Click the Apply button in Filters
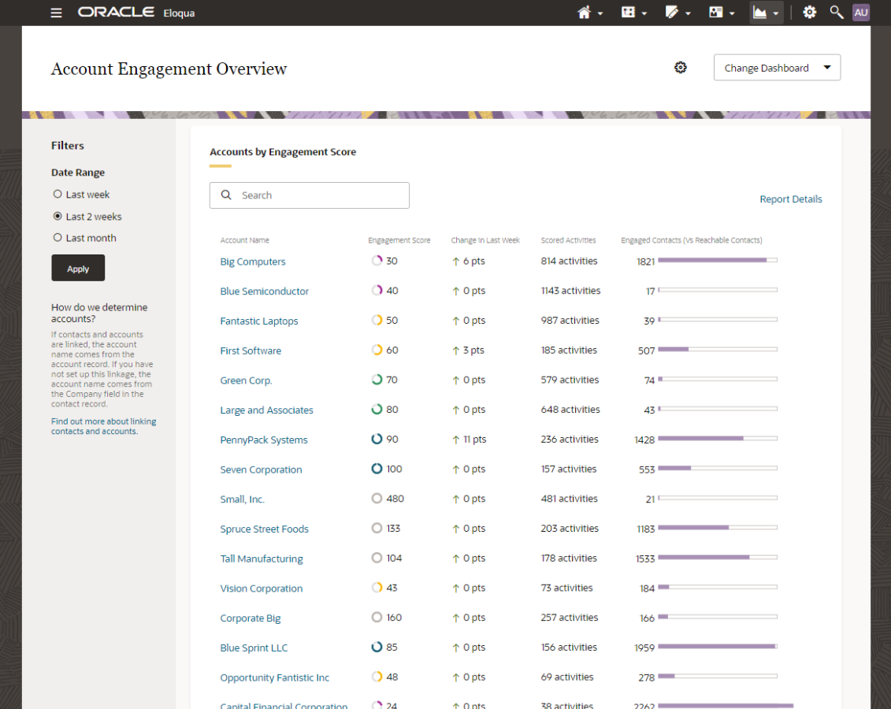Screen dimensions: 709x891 click(78, 269)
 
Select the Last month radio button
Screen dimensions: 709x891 click(58, 238)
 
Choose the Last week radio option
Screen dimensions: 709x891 click(58, 195)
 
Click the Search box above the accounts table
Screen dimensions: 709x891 click(310, 195)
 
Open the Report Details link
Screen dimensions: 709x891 click(790, 199)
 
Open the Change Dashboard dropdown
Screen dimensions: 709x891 click(777, 68)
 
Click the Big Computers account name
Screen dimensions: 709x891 click(253, 262)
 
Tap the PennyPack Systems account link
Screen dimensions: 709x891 click(264, 440)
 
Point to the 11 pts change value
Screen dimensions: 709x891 click(474, 440)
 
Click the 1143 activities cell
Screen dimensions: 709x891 click(570, 291)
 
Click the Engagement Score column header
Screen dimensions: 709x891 click(399, 240)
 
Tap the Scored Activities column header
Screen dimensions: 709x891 click(568, 240)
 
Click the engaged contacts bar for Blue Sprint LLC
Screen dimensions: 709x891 click(717, 647)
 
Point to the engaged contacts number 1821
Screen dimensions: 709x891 click(645, 262)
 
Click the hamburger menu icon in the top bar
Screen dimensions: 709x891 click(56, 13)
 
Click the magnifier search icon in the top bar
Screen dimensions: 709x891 click(837, 13)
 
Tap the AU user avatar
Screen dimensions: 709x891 click(861, 13)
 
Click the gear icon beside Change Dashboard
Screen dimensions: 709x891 click(681, 68)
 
